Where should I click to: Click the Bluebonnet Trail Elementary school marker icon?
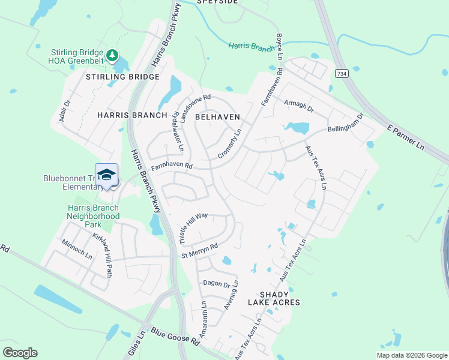[x=106, y=175]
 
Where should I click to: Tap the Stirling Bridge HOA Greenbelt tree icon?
[x=112, y=56]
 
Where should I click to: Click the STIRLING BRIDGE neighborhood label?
[x=122, y=77]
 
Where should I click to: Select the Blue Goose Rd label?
[x=175, y=336]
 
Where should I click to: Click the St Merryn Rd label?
[x=199, y=251]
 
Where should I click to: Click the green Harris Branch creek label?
[x=251, y=47]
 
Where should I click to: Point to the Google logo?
[x=20, y=353]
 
